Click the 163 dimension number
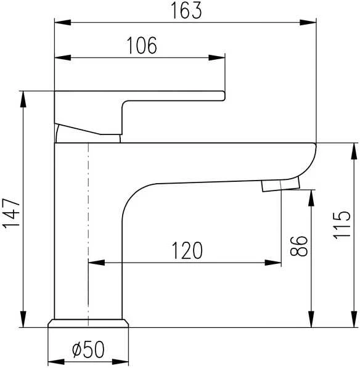pyautogui.click(x=186, y=10)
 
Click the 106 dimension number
pyautogui.click(x=142, y=46)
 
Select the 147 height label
pyautogui.click(x=11, y=213)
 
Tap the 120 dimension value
pyautogui.click(x=187, y=250)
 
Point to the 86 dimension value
pyautogui.click(x=298, y=246)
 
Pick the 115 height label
pyautogui.click(x=342, y=225)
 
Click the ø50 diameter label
pyautogui.click(x=88, y=350)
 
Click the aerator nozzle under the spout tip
pyautogui.click(x=280, y=185)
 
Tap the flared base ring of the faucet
pyautogui.click(x=88, y=323)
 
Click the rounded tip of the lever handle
pyautogui.click(x=223, y=96)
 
